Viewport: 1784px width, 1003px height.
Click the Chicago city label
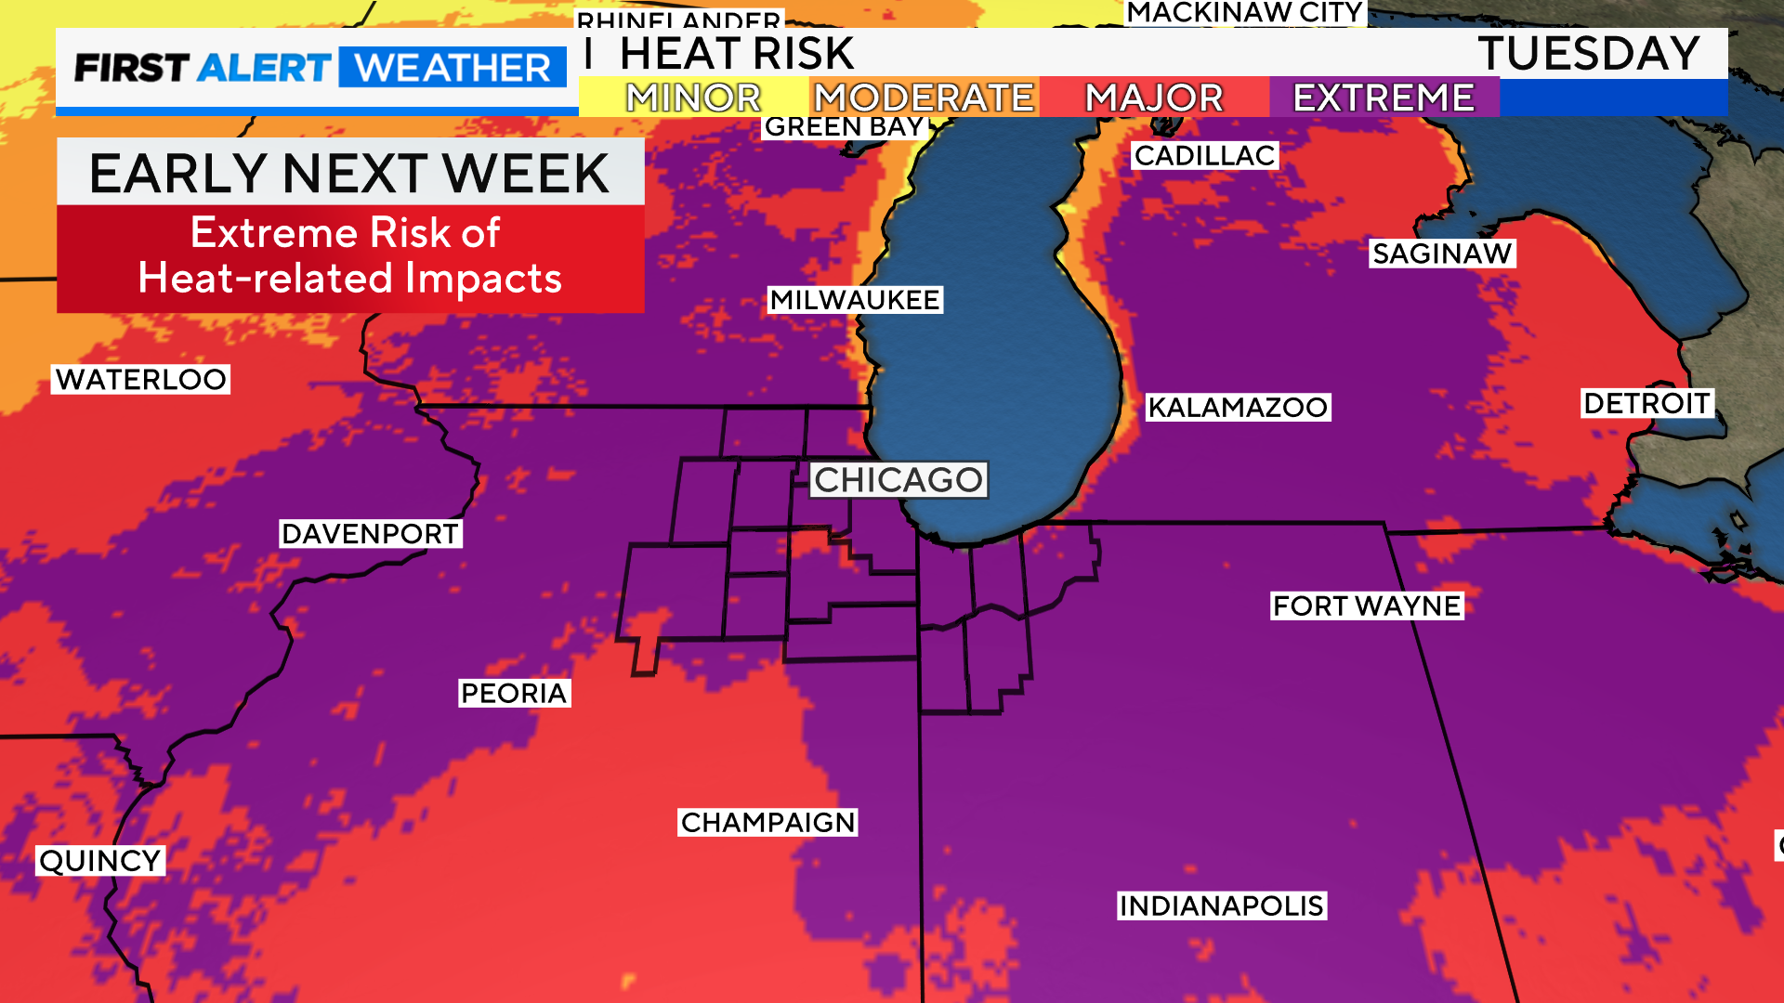(899, 480)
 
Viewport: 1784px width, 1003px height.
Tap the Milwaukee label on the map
(855, 300)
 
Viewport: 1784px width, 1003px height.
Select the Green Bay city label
(844, 127)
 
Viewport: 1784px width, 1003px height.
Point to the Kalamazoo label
(1238, 407)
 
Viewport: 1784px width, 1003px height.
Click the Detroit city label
(1646, 403)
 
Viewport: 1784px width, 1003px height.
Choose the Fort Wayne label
(1367, 606)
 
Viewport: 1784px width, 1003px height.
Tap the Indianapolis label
(1221, 905)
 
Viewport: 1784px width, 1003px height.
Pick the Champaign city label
(767, 822)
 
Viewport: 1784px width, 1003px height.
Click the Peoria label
(514, 693)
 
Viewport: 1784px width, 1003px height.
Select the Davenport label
(371, 534)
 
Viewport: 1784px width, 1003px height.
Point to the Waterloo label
(140, 379)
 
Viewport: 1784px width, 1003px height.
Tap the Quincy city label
(100, 861)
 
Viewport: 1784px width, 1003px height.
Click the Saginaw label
(1442, 254)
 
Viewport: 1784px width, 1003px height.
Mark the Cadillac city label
(1205, 156)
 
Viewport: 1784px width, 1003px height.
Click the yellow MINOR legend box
(693, 98)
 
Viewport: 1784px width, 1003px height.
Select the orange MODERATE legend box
(924, 98)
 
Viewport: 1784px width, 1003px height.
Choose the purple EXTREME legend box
(1384, 98)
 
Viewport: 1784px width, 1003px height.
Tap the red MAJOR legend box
(1154, 98)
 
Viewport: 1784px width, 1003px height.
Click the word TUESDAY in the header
(1589, 54)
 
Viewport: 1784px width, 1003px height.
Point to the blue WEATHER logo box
(453, 68)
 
